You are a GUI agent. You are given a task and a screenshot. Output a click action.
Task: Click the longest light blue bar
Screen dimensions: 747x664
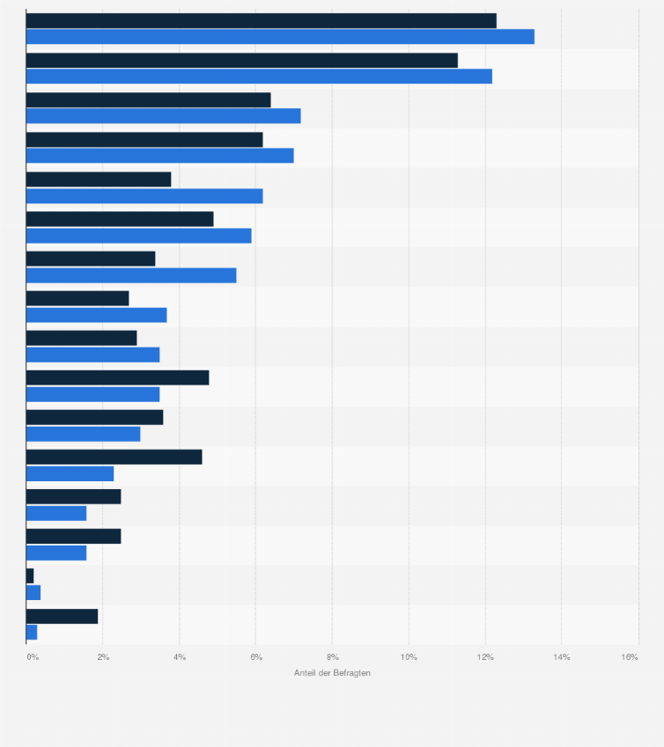tap(280, 37)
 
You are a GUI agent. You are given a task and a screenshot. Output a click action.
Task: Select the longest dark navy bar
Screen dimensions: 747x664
tap(261, 20)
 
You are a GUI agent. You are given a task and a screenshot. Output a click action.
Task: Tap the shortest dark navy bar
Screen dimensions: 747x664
tap(30, 575)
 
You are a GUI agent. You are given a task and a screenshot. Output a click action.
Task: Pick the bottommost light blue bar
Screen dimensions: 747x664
tap(32, 632)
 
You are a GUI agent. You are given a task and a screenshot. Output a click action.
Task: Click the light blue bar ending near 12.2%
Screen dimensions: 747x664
tap(259, 77)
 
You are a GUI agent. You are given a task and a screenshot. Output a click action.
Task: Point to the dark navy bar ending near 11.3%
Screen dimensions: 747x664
tap(241, 60)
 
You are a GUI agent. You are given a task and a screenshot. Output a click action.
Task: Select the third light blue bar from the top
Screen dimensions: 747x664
tap(163, 116)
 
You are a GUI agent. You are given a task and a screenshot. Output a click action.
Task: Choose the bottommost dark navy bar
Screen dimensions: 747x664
tap(62, 616)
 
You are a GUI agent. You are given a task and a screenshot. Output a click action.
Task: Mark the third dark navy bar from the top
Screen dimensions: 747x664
tap(148, 99)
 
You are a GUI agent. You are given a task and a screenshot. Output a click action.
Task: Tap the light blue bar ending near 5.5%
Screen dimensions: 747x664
tap(131, 275)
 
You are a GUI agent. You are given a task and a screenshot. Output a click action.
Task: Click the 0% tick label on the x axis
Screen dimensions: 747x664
tap(33, 657)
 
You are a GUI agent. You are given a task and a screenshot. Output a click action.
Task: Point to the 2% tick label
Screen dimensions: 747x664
tap(103, 657)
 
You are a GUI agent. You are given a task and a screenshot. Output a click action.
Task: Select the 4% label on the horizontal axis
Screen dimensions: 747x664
tap(180, 657)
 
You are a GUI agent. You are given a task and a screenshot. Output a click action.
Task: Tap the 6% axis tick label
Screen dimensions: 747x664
tap(256, 657)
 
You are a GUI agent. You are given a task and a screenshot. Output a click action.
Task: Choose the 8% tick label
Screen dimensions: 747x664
tap(333, 657)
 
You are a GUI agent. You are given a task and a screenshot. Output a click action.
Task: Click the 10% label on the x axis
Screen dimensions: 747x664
tap(409, 657)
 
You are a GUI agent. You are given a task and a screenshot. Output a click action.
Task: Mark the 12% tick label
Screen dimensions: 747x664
tap(485, 657)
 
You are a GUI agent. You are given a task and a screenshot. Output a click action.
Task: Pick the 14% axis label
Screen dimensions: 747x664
tap(562, 657)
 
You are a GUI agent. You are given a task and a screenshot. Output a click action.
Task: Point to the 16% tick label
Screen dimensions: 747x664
tap(630, 657)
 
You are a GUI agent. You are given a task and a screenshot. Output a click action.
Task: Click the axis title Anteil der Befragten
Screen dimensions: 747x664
tap(332, 673)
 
